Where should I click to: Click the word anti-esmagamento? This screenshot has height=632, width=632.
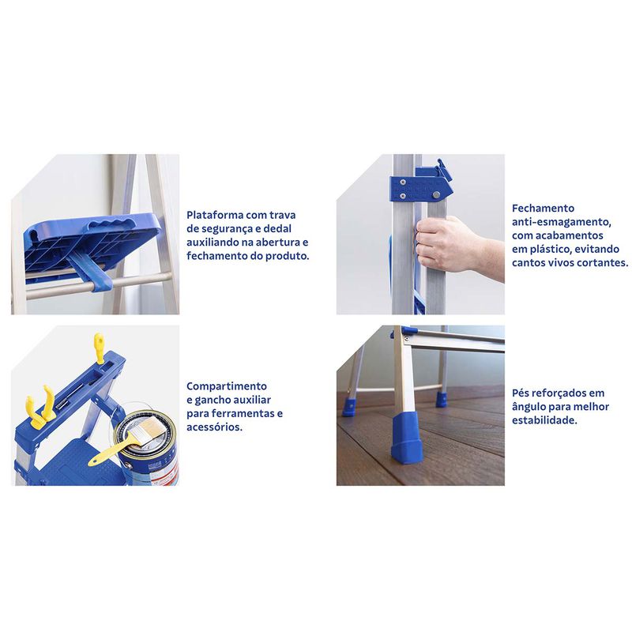pyautogui.click(x=562, y=222)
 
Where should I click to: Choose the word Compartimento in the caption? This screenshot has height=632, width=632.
pyautogui.click(x=227, y=386)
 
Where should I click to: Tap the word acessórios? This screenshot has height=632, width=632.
pyautogui.click(x=214, y=427)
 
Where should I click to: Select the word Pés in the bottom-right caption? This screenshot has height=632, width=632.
pyautogui.click(x=521, y=393)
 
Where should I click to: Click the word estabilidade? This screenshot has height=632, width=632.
pyautogui.click(x=544, y=420)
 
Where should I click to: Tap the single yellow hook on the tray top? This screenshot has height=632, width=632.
pyautogui.click(x=100, y=348)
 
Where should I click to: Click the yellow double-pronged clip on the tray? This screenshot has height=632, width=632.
pyautogui.click(x=40, y=407)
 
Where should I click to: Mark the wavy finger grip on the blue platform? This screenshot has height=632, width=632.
pyautogui.click(x=108, y=224)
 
